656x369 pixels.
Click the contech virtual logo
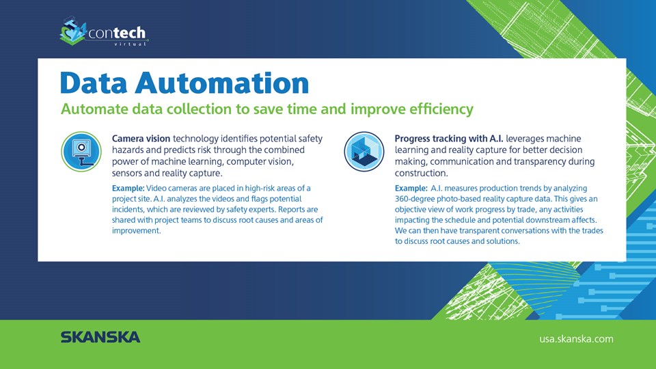coord(104,31)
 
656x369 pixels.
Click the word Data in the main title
coord(94,83)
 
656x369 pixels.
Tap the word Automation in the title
coord(221,83)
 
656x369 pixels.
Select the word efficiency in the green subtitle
coord(441,109)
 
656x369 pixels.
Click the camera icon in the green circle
coord(81,152)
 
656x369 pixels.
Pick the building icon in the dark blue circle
coord(364,152)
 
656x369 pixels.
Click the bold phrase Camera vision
coord(141,139)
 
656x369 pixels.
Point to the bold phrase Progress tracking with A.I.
coord(449,139)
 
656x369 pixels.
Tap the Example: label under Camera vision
coord(128,189)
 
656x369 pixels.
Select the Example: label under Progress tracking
coord(411,189)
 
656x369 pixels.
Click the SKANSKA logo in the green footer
coord(100,337)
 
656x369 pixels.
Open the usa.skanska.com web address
coord(576,339)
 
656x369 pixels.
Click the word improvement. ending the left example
coord(137,231)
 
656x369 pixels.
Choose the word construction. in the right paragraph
coord(422,173)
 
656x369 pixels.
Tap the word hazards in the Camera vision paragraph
coord(127,150)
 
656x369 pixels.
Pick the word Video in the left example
coord(156,189)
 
